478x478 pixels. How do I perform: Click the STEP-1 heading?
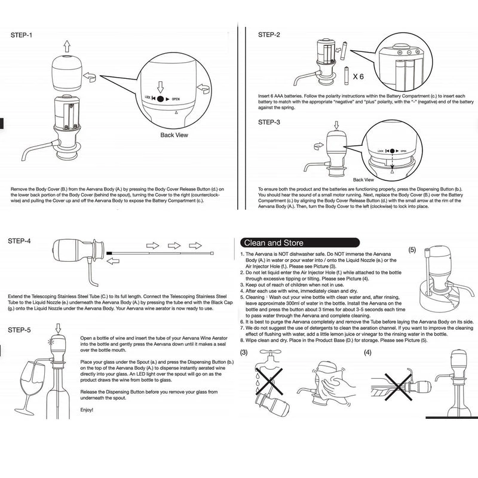(22, 35)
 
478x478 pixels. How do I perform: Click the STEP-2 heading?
(269, 35)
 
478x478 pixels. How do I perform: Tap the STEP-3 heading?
(269, 122)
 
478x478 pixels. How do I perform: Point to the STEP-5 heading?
(22, 330)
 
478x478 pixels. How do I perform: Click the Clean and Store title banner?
(272, 243)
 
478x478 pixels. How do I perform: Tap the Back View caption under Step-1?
(174, 135)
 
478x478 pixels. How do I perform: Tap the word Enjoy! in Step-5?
(87, 410)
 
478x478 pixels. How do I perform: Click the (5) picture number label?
(412, 250)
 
